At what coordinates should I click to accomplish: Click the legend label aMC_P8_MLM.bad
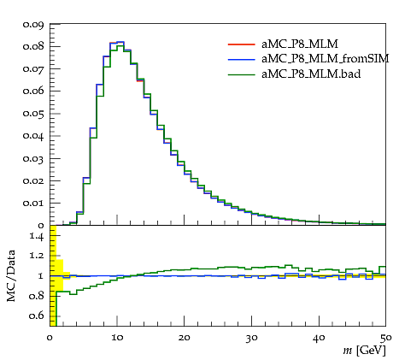click(x=311, y=74)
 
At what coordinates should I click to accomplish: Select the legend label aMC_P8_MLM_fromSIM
click(x=326, y=59)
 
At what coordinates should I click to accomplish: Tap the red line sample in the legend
click(x=241, y=44)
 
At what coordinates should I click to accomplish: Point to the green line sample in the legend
click(x=241, y=74)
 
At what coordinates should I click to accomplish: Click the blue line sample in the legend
click(x=241, y=59)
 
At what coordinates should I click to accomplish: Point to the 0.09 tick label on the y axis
click(x=33, y=25)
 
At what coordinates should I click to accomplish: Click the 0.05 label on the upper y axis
click(x=33, y=114)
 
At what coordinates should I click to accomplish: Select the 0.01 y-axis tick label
click(x=33, y=204)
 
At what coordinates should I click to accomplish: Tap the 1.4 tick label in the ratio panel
click(x=37, y=236)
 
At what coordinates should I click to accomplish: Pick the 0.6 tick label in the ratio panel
click(x=37, y=316)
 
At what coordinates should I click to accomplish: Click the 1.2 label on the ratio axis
click(x=37, y=256)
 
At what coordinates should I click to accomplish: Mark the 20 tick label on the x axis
click(x=185, y=338)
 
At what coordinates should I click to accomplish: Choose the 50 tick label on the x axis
click(x=385, y=338)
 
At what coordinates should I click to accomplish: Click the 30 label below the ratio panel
click(x=251, y=338)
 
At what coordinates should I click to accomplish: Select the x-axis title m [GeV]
click(x=364, y=350)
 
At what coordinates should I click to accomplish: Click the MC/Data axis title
click(x=11, y=275)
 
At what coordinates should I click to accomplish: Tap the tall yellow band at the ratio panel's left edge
click(x=53, y=275)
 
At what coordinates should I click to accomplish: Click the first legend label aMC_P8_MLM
click(x=300, y=44)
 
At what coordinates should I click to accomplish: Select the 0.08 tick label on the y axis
click(x=33, y=46)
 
